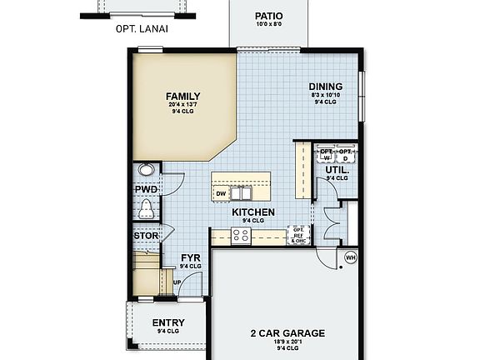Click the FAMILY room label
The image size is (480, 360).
[182, 96]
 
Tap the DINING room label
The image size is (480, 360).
[324, 86]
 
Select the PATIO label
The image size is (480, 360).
[268, 16]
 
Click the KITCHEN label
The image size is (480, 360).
[253, 212]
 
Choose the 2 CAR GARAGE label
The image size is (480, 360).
[287, 333]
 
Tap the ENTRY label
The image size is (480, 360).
[167, 323]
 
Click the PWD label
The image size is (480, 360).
[146, 188]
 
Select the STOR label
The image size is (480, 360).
[146, 235]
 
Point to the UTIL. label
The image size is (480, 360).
[337, 169]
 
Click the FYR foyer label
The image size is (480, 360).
[191, 258]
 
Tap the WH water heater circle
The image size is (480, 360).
[349, 256]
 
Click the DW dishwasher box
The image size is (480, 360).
[221, 194]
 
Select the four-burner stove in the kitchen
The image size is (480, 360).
[241, 236]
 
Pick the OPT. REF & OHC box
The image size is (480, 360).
[298, 235]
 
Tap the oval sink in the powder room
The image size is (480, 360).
[147, 169]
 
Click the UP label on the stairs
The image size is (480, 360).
[177, 281]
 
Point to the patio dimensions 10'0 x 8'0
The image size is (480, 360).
[268, 25]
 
